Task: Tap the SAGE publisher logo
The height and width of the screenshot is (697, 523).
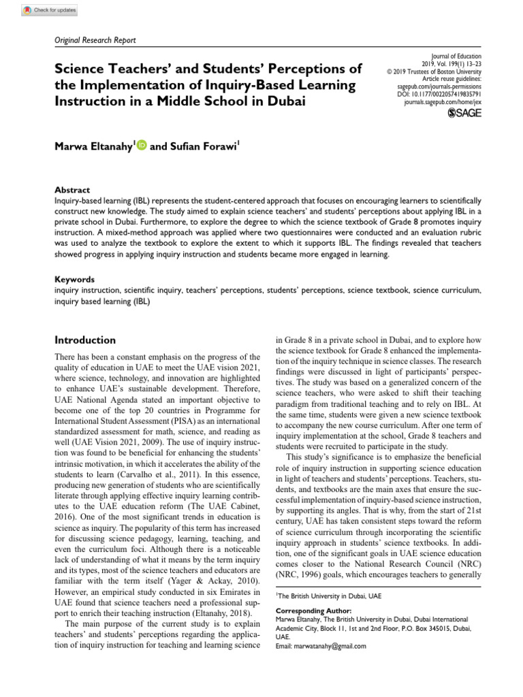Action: tap(464, 112)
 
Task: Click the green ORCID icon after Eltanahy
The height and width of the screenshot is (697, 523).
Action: tap(142, 144)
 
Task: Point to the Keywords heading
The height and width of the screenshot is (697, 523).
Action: tap(74, 279)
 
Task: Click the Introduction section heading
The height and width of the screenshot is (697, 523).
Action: tap(84, 340)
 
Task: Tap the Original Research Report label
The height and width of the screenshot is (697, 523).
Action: tap(95, 40)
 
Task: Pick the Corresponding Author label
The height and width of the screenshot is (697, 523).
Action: tap(313, 611)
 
